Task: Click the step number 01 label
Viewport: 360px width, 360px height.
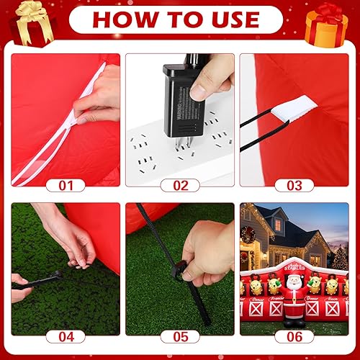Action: coord(66,185)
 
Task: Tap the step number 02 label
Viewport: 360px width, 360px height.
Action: coord(181,185)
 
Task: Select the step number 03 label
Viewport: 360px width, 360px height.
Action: coord(294,185)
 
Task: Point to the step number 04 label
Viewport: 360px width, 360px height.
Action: coord(66,336)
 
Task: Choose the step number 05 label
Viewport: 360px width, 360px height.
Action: coord(181,336)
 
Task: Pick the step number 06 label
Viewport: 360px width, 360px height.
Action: coord(294,336)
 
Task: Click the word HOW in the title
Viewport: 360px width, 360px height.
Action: coord(120,19)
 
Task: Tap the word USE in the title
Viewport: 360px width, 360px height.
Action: coord(231,19)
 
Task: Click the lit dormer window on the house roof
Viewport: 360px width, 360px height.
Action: coord(278,225)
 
